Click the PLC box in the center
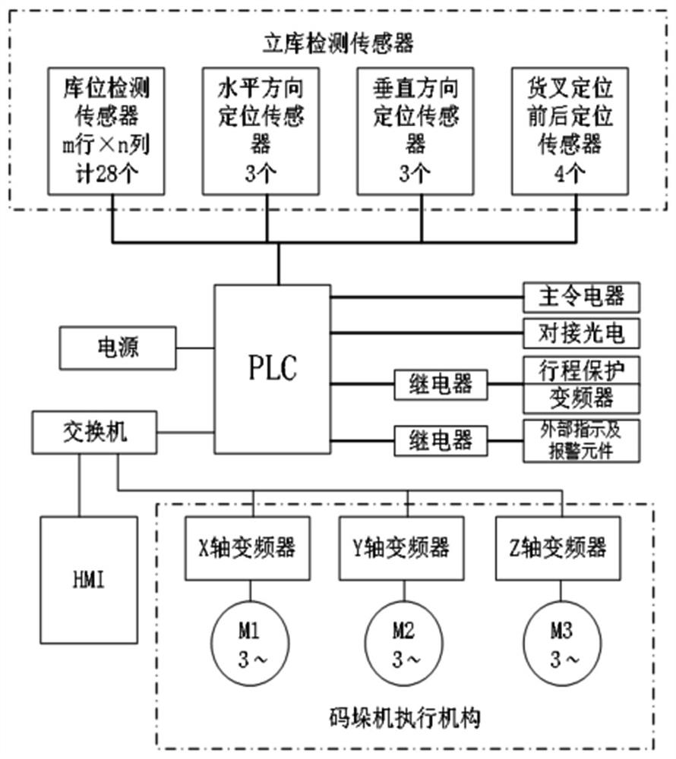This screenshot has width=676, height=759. tap(273, 368)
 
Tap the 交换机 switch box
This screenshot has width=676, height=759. tap(95, 432)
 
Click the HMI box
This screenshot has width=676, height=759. tap(90, 581)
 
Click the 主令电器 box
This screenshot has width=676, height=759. tap(581, 296)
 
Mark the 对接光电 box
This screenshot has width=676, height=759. tap(581, 332)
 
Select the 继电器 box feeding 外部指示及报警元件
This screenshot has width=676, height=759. tap(441, 439)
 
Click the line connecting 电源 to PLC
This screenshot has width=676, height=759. tap(195, 348)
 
